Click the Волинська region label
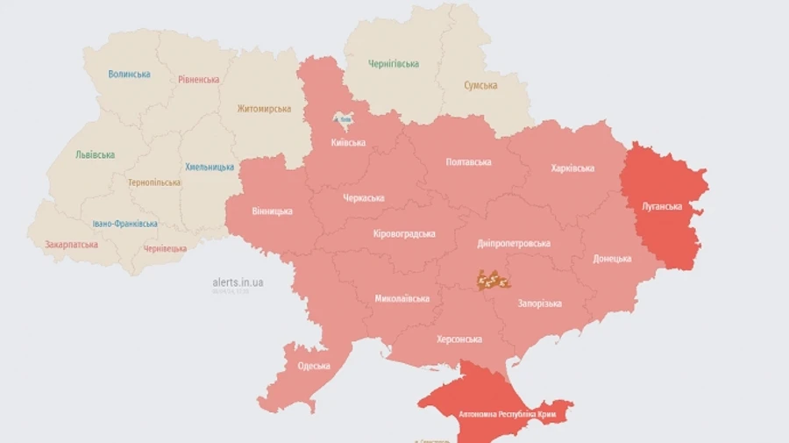tap(129, 75)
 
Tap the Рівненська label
tap(198, 80)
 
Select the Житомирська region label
tap(264, 109)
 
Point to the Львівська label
tap(95, 155)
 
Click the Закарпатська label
tap(71, 245)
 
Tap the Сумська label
tap(480, 86)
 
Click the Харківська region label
tap(572, 168)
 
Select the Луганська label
tap(662, 206)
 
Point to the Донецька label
tap(612, 259)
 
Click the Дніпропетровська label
tap(514, 244)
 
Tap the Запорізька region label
tap(539, 304)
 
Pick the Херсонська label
tap(459, 339)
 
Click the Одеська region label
tap(314, 366)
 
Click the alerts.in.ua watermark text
tap(238, 282)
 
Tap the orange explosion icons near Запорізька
tap(494, 280)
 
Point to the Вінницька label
tap(272, 211)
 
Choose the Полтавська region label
tap(468, 162)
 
